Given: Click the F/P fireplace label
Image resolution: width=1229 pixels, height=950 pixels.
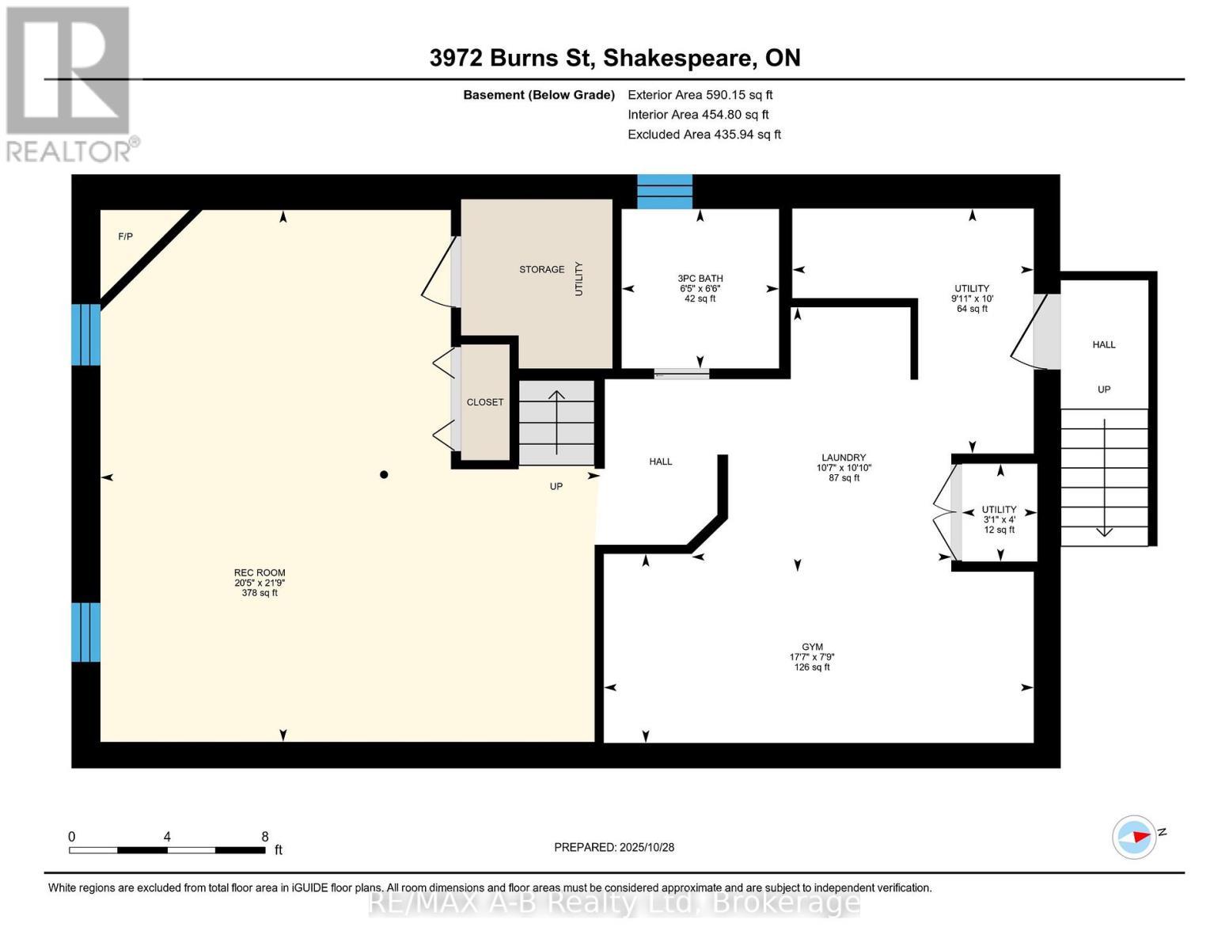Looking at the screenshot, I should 125,237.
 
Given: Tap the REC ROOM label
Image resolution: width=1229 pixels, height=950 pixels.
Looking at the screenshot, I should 260,573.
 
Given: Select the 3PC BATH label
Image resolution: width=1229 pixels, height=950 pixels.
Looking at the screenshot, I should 700,279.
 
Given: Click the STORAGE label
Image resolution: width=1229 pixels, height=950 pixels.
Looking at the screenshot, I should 542,270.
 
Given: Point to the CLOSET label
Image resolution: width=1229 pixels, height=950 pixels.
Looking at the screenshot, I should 485,402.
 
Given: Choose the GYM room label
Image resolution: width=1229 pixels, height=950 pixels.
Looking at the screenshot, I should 812,647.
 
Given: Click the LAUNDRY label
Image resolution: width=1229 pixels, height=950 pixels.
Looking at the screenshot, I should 844,458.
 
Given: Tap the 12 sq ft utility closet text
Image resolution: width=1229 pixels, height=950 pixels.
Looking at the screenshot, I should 1000,530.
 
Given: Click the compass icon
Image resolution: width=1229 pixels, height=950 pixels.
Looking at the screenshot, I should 1134,837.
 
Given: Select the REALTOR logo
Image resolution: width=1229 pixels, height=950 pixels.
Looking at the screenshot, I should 69,83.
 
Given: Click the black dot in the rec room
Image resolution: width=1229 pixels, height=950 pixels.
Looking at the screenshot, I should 384,475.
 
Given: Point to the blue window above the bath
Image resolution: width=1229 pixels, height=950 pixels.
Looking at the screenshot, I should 665,192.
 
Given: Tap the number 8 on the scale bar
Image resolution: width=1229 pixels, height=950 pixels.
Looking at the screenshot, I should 265,837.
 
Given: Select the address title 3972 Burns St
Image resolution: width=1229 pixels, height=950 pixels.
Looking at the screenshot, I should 513,58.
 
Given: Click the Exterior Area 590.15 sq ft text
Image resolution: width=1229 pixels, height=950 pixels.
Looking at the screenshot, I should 700,95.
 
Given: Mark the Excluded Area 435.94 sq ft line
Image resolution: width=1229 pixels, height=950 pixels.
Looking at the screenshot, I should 704,135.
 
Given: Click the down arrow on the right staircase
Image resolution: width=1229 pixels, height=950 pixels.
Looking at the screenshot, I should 1104,531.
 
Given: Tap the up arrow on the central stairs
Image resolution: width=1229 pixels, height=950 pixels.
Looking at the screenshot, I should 557,396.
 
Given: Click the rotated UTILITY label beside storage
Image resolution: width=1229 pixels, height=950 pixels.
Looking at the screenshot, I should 578,279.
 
